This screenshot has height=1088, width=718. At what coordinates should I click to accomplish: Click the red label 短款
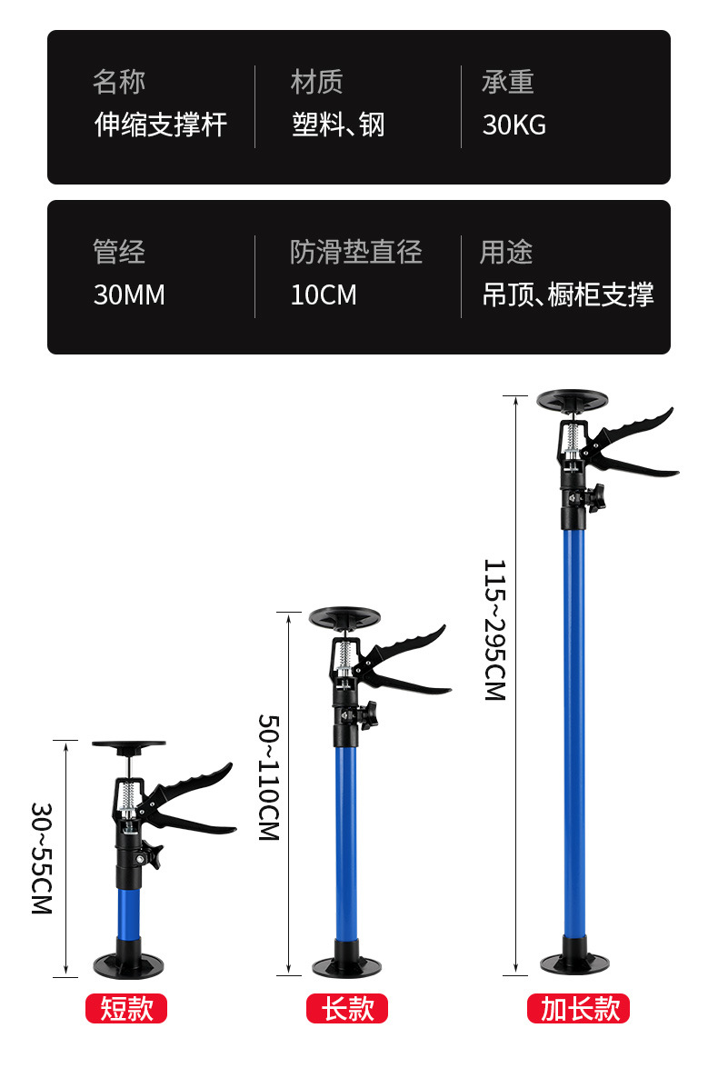126,1008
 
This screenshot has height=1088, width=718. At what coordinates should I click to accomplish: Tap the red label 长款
347,1008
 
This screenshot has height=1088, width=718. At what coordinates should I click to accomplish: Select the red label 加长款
579,1008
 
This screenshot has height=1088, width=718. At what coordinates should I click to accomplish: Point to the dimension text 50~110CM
269,777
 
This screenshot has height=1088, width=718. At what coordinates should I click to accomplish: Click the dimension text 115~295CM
494,629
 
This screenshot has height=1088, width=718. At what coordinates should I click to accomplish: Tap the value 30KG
514,125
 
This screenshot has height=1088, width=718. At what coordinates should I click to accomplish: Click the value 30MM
129,295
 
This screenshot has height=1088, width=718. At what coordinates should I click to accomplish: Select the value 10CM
324,295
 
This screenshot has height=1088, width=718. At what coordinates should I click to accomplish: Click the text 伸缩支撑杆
161,125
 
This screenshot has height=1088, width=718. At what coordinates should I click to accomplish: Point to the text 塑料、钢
338,125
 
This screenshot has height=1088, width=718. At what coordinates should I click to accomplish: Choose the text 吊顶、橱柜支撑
567,295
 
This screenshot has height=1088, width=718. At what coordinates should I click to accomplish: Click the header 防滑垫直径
356,253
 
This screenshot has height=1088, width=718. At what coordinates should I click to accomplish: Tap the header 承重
507,83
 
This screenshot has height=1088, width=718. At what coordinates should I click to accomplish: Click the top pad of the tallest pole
573,400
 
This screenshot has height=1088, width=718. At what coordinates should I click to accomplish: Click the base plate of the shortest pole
128,963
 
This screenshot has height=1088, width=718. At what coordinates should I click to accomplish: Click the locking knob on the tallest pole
593,498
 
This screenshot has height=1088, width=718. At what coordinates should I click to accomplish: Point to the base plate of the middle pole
346,965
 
